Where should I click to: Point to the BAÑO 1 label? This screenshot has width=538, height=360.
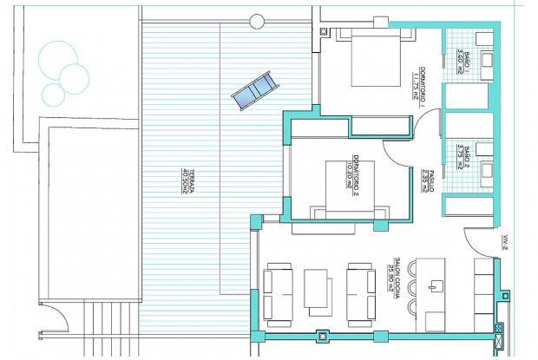462,65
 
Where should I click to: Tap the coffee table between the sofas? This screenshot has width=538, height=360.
316,290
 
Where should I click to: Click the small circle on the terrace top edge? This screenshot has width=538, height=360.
256,20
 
